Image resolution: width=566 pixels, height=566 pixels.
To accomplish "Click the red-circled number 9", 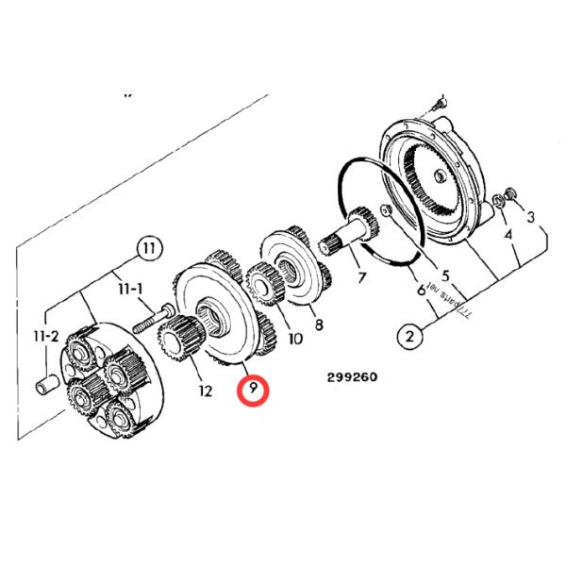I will point(253,389).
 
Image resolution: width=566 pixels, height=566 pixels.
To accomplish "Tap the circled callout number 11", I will point(147,249).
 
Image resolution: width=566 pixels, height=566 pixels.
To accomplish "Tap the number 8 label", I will point(319,325).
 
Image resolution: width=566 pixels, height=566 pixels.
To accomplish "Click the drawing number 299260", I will point(352,377).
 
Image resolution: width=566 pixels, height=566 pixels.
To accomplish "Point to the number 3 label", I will point(531,217).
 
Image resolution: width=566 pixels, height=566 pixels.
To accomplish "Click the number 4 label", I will point(508,234).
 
